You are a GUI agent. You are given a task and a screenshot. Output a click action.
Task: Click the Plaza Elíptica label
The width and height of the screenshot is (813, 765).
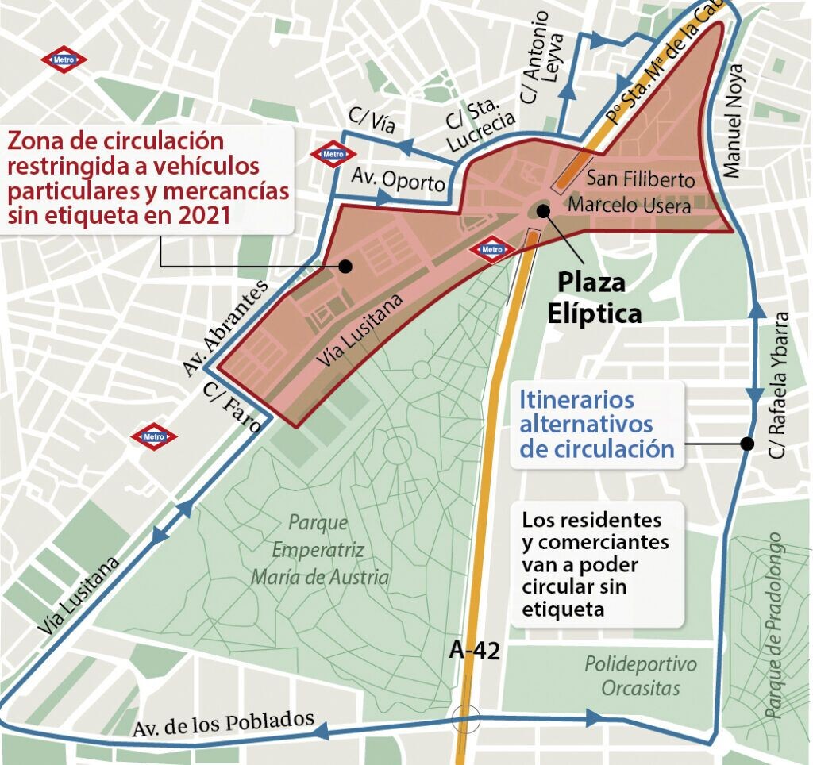click(594, 298)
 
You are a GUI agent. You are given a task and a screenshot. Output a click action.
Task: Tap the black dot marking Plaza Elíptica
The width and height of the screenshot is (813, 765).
click(543, 210)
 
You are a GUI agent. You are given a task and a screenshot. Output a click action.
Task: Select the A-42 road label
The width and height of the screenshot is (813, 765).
click(475, 651)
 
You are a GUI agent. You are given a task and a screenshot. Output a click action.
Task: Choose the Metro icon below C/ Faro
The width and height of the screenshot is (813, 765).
click(154, 436)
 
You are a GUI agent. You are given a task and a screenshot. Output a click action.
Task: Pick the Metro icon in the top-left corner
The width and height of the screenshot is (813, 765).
click(64, 60)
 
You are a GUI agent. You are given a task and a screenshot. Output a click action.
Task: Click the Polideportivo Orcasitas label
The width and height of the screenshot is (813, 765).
click(641, 675)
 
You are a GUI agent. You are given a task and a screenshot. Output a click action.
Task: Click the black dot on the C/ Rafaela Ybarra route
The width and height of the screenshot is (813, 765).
click(746, 444)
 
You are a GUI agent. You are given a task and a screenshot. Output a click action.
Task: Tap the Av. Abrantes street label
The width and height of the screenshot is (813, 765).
click(226, 328)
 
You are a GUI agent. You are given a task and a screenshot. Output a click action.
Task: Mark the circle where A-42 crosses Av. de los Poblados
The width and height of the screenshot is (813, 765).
click(464, 719)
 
